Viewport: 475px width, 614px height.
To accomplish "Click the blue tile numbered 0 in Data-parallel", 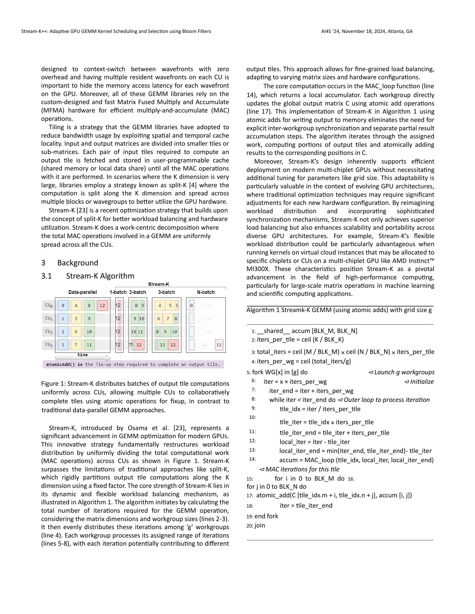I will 63,305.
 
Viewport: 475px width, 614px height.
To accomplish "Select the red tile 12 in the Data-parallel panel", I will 102,305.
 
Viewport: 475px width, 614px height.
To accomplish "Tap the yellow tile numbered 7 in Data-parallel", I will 76,345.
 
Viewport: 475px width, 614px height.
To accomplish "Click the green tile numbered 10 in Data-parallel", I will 89,332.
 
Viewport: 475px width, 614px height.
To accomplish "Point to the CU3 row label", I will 49,344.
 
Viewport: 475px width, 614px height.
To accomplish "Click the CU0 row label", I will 49,305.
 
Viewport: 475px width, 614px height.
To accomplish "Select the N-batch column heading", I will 206,292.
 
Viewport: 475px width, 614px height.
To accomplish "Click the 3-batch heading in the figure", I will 166,292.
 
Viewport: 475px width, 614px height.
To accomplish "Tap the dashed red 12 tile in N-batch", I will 219,345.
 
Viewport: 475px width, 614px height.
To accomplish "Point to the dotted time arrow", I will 82,358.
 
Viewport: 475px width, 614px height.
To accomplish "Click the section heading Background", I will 78,263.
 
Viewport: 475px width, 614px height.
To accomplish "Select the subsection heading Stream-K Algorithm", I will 100,276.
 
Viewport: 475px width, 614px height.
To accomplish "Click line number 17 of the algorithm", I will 250,496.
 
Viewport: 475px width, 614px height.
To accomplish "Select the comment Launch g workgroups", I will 402,372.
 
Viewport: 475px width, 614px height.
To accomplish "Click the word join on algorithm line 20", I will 260,526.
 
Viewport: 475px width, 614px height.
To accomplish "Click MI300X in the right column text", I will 255,269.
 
